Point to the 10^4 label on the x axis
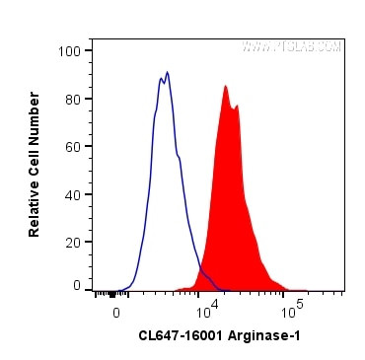(206, 312)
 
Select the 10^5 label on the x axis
(291, 312)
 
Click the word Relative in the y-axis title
(35, 204)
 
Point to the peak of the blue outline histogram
(168, 72)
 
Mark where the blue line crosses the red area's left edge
(201, 264)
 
